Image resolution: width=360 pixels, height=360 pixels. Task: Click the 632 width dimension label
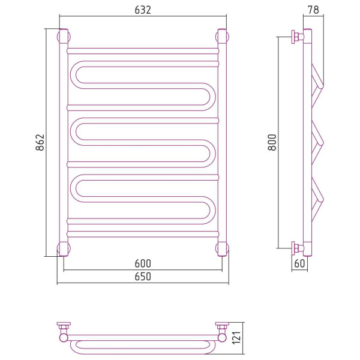click(x=143, y=10)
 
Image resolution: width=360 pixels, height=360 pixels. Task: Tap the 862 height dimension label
click(x=40, y=142)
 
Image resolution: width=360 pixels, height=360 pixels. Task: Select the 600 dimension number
click(x=143, y=263)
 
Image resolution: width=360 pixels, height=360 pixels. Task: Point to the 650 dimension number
click(x=143, y=277)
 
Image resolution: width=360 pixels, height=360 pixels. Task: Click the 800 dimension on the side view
click(x=272, y=142)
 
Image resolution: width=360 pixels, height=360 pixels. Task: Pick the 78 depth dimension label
click(x=313, y=10)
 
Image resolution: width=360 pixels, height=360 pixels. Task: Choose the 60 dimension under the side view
click(x=299, y=263)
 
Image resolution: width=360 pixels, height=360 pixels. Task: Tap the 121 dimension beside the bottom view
click(x=236, y=338)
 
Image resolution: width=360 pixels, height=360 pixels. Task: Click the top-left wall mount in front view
click(x=64, y=37)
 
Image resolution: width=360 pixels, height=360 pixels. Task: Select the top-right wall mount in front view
click(x=222, y=37)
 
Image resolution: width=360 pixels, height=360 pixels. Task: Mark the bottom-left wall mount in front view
click(x=64, y=248)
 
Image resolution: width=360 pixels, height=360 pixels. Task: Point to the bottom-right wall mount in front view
click(x=222, y=248)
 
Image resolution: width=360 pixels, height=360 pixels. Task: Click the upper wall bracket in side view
click(x=298, y=37)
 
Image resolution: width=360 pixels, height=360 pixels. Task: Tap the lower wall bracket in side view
click(x=298, y=248)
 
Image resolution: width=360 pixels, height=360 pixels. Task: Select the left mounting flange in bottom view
click(x=64, y=326)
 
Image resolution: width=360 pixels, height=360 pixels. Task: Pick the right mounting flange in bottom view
click(x=222, y=326)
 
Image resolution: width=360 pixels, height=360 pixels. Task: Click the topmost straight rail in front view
click(x=143, y=51)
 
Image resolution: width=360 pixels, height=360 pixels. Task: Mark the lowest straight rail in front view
click(x=143, y=234)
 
